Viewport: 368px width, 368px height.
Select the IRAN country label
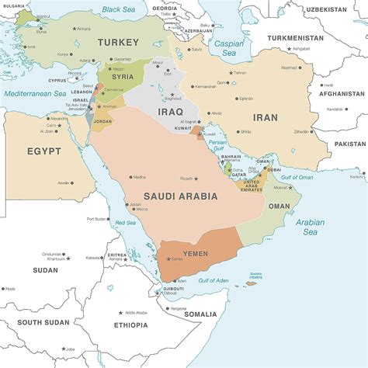(266, 117)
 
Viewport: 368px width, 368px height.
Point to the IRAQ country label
(170, 111)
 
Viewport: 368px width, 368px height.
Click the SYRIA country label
(123, 77)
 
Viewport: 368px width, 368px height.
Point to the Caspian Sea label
(228, 49)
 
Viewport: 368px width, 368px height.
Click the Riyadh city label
(186, 179)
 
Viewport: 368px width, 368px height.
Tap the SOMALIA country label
(201, 314)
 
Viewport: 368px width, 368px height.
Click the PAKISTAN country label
(350, 144)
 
